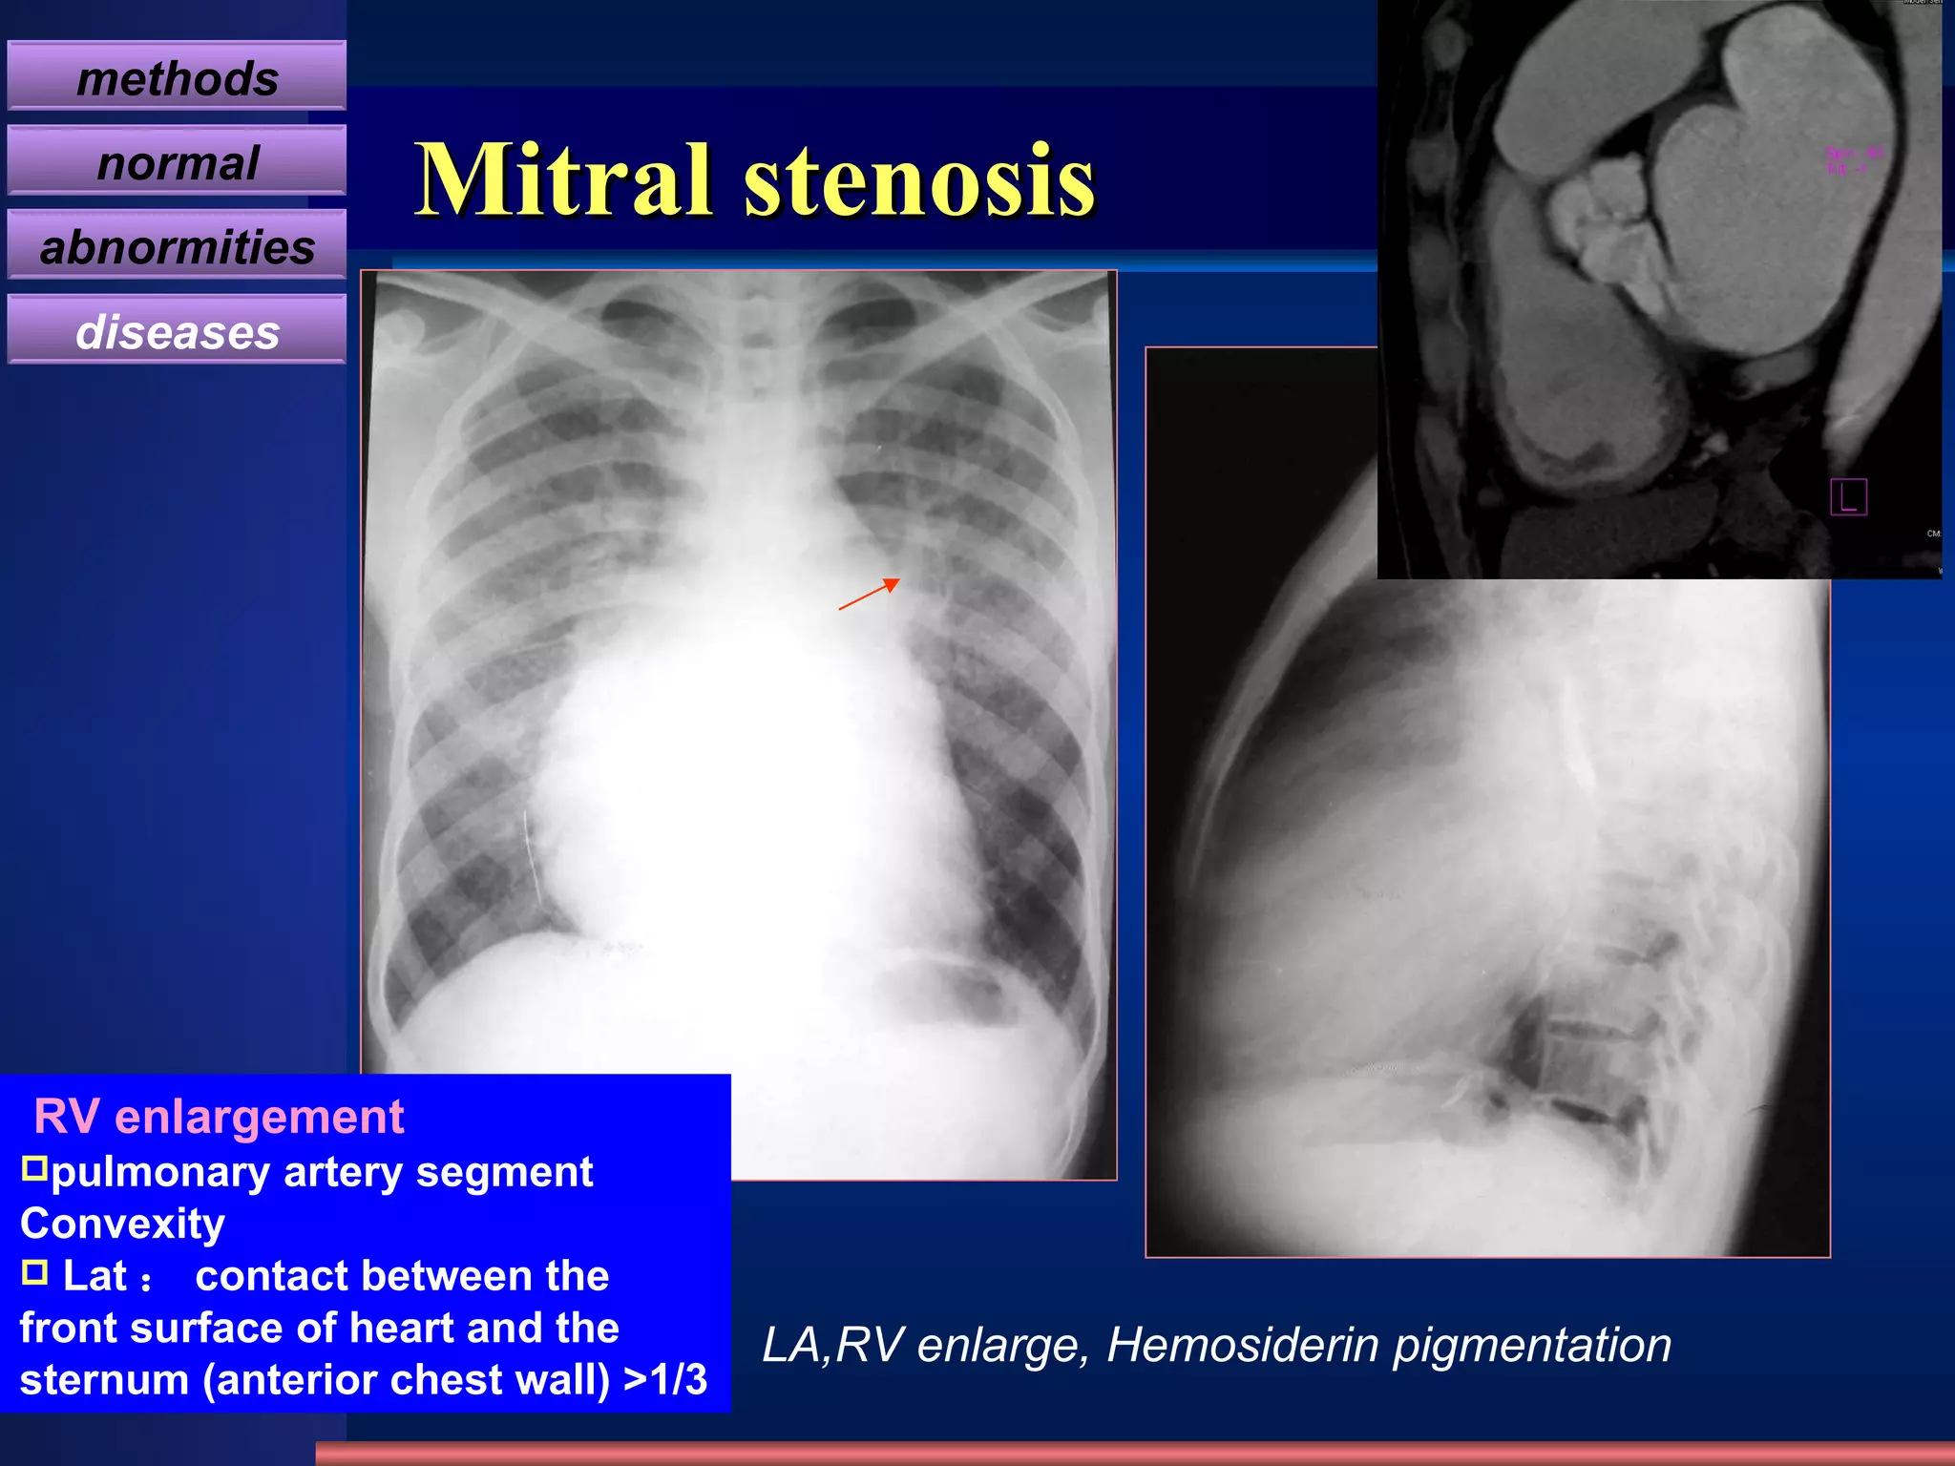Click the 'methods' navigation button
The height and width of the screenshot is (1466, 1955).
(177, 77)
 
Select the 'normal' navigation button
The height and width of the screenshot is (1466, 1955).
(177, 162)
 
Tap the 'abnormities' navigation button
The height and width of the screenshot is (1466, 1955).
(177, 246)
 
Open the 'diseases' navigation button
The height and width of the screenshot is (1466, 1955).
(177, 331)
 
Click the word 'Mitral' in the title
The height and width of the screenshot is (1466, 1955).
(563, 179)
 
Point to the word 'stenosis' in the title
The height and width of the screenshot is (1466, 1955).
(919, 179)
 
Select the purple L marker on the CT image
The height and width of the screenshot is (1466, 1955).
(1848, 497)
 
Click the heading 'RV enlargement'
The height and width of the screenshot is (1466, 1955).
(219, 1116)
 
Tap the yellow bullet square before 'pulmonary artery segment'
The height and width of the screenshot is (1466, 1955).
(34, 1168)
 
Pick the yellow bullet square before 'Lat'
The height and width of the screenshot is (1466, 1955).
(34, 1272)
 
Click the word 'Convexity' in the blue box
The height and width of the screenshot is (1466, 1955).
(122, 1224)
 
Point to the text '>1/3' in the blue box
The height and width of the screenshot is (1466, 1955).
(665, 1379)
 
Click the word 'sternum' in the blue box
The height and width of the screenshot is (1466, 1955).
(104, 1379)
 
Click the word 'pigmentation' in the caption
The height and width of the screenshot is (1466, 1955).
(1532, 1345)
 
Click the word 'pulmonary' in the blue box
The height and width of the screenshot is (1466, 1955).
(159, 1172)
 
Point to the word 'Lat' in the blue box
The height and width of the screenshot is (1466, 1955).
(95, 1276)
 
